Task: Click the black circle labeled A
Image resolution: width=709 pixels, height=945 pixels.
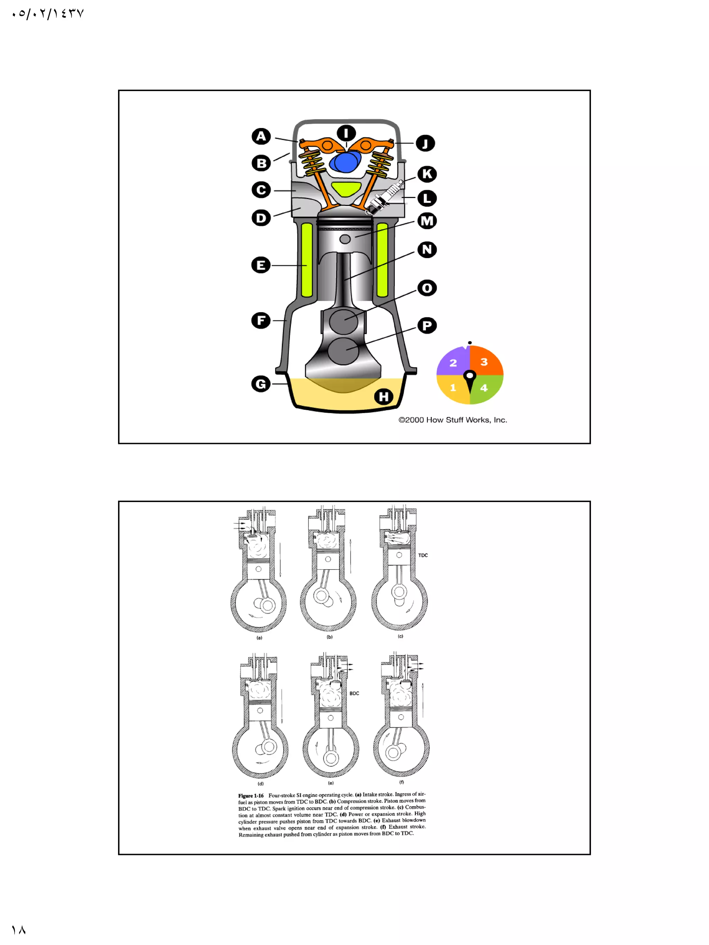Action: click(261, 137)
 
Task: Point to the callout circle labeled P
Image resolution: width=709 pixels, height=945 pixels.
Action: click(427, 326)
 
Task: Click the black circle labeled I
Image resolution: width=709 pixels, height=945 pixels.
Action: click(346, 133)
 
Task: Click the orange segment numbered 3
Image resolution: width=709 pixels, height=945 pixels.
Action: click(485, 361)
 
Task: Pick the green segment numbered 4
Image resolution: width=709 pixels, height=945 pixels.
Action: click(485, 388)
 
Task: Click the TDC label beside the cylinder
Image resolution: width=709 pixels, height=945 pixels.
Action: click(423, 555)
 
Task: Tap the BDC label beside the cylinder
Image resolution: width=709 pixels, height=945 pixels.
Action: click(354, 693)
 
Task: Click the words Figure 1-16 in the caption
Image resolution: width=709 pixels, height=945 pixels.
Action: click(251, 796)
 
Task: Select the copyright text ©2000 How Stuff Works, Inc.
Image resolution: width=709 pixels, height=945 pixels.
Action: click(452, 420)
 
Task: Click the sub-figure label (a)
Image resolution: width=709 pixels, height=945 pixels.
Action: click(259, 638)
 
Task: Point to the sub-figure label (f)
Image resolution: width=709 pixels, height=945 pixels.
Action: click(401, 782)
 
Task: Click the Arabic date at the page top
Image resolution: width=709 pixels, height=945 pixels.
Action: click(48, 14)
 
